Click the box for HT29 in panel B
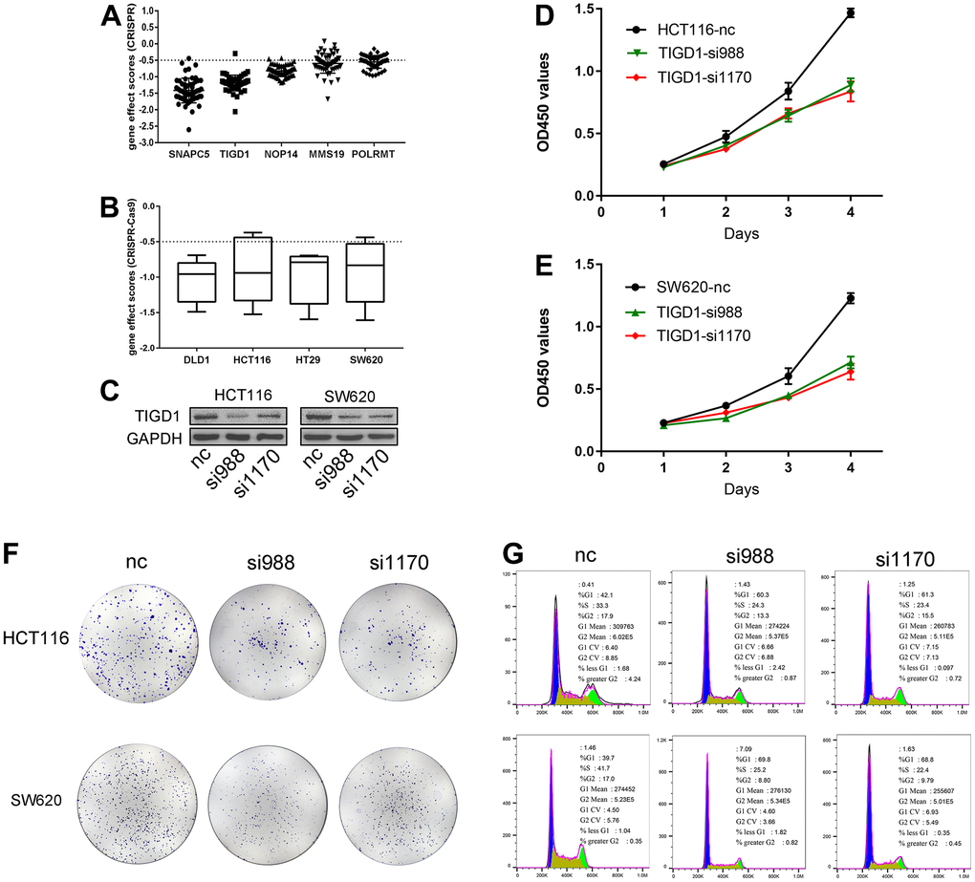click(x=308, y=279)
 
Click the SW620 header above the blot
click(x=345, y=394)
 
